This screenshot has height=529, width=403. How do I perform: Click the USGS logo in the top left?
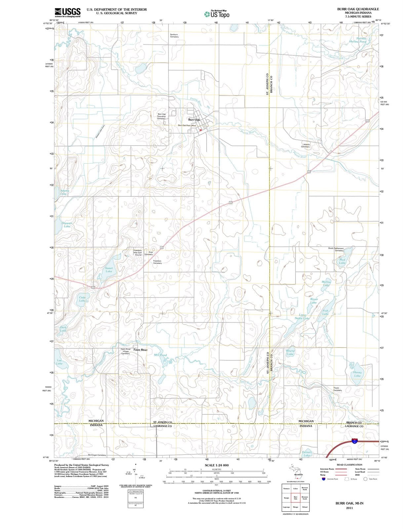tap(67, 13)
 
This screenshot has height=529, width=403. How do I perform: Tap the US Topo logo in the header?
tap(217, 14)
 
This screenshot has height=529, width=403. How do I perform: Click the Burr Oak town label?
tap(194, 120)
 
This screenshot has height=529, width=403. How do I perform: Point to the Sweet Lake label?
tap(109, 270)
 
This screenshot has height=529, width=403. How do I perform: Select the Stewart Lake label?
tap(67, 225)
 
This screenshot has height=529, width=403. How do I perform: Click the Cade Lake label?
tap(82, 299)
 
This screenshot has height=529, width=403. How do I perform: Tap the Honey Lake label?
tap(357, 374)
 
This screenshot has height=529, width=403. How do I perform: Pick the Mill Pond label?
tap(161, 355)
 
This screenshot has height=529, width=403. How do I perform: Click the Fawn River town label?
tap(141, 349)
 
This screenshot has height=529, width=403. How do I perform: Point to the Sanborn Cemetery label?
tap(174, 35)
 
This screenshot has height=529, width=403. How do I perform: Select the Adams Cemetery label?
tap(306, 145)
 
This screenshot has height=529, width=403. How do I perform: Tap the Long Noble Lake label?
tap(302, 317)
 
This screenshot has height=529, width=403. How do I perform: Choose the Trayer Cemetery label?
tap(337, 389)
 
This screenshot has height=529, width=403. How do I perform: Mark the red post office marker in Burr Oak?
tap(200, 130)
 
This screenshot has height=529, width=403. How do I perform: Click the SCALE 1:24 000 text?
tap(217, 465)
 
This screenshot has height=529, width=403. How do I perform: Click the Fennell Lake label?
tap(307, 454)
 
